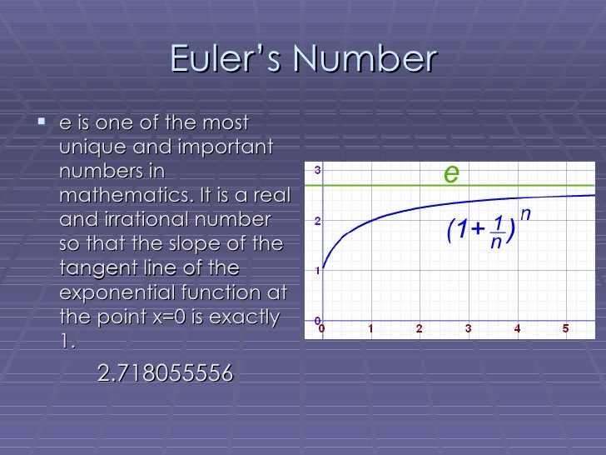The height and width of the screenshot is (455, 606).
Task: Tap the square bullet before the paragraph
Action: [x=42, y=124]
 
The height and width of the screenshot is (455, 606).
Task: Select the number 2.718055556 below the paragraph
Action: [x=165, y=374]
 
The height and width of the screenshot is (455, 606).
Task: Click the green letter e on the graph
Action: [x=450, y=173]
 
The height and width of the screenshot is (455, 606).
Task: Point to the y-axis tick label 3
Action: [x=317, y=170]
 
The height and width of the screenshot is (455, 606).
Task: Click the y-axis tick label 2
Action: [x=317, y=221]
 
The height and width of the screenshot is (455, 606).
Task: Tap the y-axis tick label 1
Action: [x=317, y=271]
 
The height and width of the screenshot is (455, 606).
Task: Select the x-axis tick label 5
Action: [x=566, y=329]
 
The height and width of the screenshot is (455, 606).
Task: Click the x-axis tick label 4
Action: [x=517, y=329]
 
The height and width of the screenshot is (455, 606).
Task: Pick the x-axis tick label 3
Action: [x=468, y=329]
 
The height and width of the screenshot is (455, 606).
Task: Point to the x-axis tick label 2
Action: [x=419, y=329]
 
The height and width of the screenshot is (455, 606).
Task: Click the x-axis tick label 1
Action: [x=370, y=329]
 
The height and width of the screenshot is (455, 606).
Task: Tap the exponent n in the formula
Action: [x=524, y=215]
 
